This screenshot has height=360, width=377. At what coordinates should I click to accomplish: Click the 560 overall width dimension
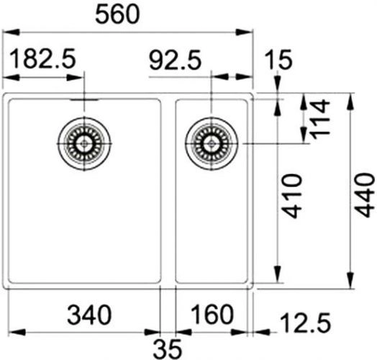(117, 14)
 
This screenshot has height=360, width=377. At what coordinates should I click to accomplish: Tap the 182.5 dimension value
(43, 58)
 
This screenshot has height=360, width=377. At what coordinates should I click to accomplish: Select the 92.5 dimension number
(175, 60)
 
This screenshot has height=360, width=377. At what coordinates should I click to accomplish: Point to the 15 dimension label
(278, 60)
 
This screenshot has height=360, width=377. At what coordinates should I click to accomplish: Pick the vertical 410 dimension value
(292, 196)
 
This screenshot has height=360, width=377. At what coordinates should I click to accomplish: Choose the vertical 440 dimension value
(365, 195)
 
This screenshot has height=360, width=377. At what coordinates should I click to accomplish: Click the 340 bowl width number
(89, 315)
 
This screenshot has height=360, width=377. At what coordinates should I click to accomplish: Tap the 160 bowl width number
(212, 314)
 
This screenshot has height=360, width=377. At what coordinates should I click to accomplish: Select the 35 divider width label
(168, 348)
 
